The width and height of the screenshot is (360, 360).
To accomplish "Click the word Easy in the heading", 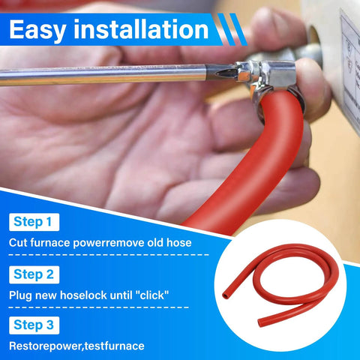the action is pyautogui.click(x=37, y=31).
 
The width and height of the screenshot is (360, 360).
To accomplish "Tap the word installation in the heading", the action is pyautogui.click(x=141, y=29).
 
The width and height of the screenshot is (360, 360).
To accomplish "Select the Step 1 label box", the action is pyautogui.click(x=34, y=222).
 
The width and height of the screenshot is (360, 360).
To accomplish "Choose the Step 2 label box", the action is pyautogui.click(x=34, y=274).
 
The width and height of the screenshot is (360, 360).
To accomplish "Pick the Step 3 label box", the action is pyautogui.click(x=34, y=325).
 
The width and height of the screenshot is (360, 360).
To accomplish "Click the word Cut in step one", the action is pyautogui.click(x=18, y=243).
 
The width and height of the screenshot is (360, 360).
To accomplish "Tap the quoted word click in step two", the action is pyautogui.click(x=152, y=295).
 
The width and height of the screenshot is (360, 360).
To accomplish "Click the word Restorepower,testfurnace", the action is pyautogui.click(x=76, y=346).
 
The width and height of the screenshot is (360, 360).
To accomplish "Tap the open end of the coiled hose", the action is pyautogui.click(x=226, y=296).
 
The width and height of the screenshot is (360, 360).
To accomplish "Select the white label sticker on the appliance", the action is pyautogui.click(x=350, y=65).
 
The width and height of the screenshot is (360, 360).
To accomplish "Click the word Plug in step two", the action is pyautogui.click(x=20, y=295).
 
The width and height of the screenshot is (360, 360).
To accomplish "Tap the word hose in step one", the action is pyautogui.click(x=179, y=243).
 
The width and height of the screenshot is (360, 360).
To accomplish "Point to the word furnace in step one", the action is pyautogui.click(x=50, y=243).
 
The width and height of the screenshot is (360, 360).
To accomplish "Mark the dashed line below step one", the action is pyautogui.click(x=109, y=255).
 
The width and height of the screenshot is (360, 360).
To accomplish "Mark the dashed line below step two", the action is pyautogui.click(x=99, y=307).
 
